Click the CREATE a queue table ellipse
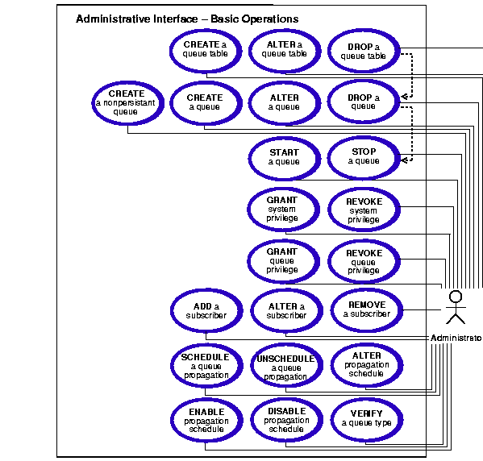pos(206,51)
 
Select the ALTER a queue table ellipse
pos(285,51)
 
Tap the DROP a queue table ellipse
pos(364,51)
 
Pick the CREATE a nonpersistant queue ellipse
pos(127,103)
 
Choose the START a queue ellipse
pos(285,158)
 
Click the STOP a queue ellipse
pos(364,158)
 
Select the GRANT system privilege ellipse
pos(283,210)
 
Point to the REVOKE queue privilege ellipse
pos(364,261)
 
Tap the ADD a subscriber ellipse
pos(206,310)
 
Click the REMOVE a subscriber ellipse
pos(367,309)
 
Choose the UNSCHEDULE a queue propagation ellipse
pos(286,365)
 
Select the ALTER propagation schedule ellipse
pos(367,365)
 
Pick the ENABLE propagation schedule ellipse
pos(206,420)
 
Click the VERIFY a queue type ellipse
pos(367,419)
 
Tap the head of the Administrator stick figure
pos(456,297)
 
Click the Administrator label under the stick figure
pos(456,338)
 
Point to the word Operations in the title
pos(270,19)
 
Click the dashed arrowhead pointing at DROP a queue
pos(404,97)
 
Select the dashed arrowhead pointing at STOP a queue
pos(404,160)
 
